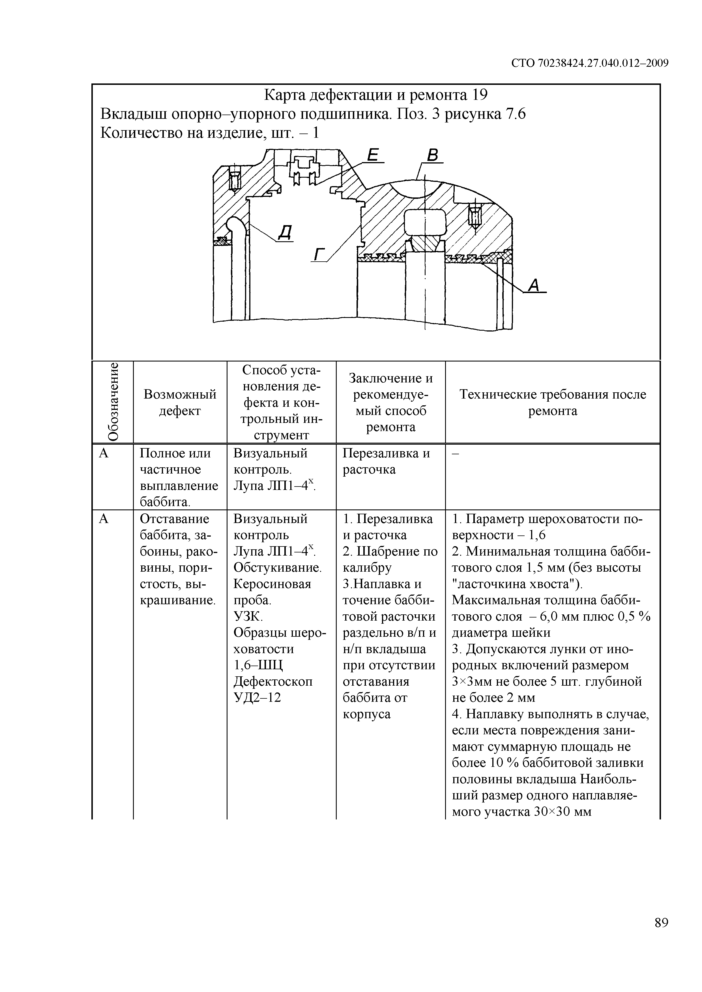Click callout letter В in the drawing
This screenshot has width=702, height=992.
coord(433,156)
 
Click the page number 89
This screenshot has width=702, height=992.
coord(661,935)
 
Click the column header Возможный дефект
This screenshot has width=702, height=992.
coord(180,402)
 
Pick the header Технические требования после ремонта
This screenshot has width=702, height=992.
coord(552,402)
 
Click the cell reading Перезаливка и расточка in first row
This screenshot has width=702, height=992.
coord(386,461)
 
